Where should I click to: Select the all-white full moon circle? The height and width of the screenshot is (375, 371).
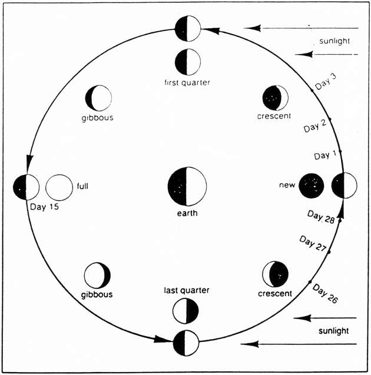click(58, 187)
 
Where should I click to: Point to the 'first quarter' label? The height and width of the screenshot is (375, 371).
click(188, 83)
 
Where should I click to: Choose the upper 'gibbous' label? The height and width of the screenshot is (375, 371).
click(98, 117)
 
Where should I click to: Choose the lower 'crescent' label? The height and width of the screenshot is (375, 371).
click(275, 293)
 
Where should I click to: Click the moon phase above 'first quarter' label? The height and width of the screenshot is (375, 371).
click(188, 62)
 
